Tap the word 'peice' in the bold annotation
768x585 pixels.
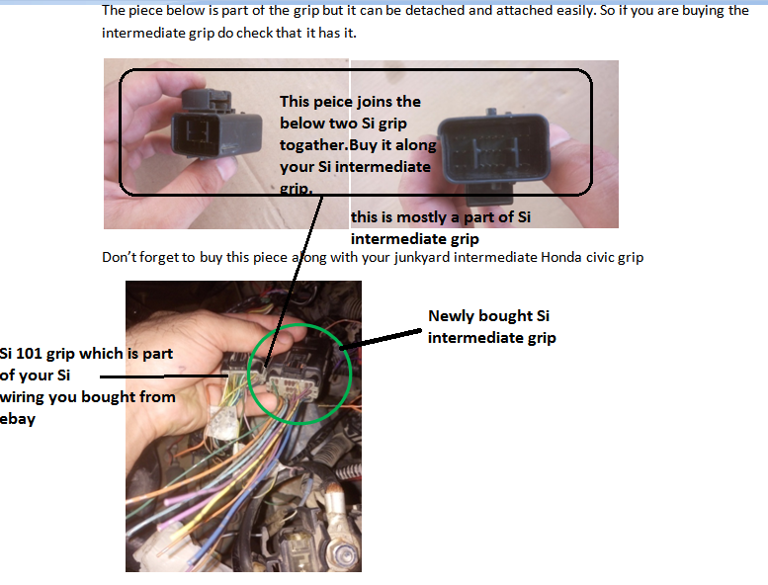333,102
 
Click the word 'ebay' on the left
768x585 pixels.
19,418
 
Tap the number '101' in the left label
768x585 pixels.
36,354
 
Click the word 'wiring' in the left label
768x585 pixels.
24,397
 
